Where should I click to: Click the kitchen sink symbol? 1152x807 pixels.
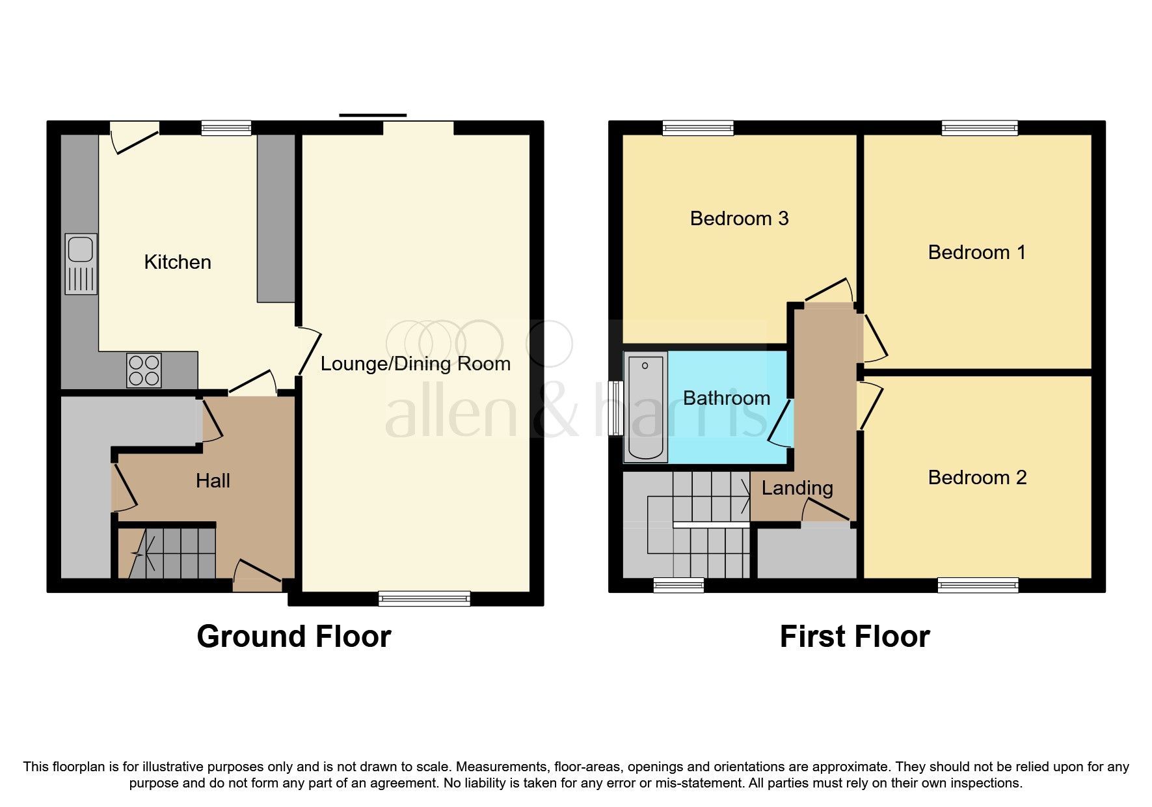[x=81, y=264]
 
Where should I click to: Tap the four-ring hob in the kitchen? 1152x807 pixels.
[x=144, y=370]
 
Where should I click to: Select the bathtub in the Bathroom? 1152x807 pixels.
[x=645, y=407]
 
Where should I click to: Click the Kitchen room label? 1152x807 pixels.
[x=178, y=262]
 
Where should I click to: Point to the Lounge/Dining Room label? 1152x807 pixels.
[x=415, y=364]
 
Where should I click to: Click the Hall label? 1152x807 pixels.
[x=213, y=481]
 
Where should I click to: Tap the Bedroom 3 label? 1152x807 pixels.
[x=739, y=219]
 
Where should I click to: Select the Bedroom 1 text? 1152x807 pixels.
[x=976, y=253]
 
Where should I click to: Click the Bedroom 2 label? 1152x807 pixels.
[x=977, y=478]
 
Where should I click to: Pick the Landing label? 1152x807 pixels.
[x=797, y=488]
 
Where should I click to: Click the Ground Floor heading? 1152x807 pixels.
[x=294, y=636]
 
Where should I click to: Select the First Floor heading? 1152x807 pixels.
[x=855, y=636]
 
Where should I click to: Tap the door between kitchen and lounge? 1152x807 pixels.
[x=309, y=351]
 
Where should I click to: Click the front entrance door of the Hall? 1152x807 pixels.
[x=258, y=573]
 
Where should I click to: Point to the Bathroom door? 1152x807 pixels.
[x=780, y=423]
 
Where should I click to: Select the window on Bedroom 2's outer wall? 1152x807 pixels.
[x=978, y=585]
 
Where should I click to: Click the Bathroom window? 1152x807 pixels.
[x=615, y=407]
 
